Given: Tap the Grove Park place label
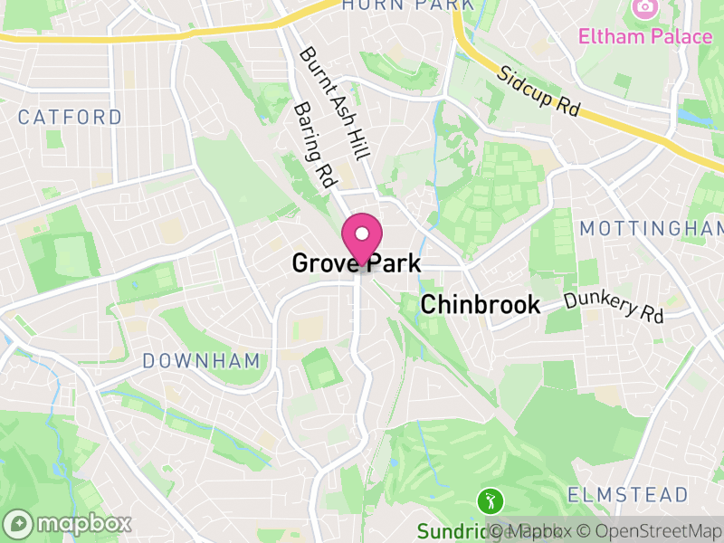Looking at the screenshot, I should pos(356,263).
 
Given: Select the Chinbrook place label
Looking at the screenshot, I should pos(481,305).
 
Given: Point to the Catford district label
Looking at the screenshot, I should pos(70,117).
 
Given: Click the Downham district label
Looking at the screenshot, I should pos(202,361).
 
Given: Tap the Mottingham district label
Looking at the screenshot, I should pos(652,228).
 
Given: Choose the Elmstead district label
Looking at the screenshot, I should pos(628,495).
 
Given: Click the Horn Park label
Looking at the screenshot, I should pos(407,5).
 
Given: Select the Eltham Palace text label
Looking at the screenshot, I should pos(646,37).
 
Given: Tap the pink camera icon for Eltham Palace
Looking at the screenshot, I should pos(644,7).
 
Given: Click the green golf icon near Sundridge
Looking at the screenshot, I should pos(490,499).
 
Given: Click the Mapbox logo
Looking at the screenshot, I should pos(68,523).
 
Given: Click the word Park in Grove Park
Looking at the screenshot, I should pos(391,263).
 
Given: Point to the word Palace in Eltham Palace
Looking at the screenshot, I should pos(681,37).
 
